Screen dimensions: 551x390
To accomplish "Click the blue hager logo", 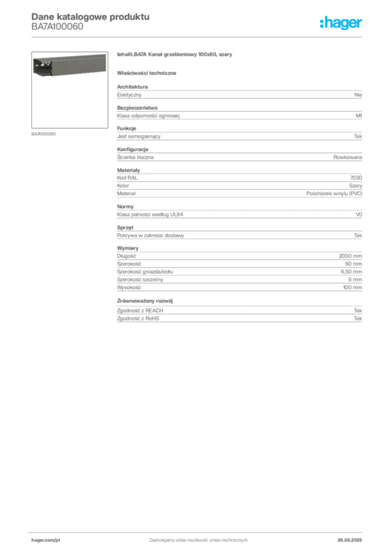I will pyautogui.click(x=342, y=23).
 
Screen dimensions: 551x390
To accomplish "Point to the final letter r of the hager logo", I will pyautogui.click(x=361, y=24).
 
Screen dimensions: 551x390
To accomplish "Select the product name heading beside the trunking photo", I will pyautogui.click(x=174, y=55).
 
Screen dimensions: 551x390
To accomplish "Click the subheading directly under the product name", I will pyautogui.click(x=149, y=73).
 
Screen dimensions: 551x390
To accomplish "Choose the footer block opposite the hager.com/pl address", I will pyautogui.click(x=353, y=538).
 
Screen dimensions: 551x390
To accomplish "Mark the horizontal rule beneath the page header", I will pyautogui.click(x=198, y=37).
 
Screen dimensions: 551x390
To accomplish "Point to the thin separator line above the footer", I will pyautogui.click(x=198, y=531).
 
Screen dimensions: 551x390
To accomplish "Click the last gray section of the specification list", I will pyautogui.click(x=239, y=310).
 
